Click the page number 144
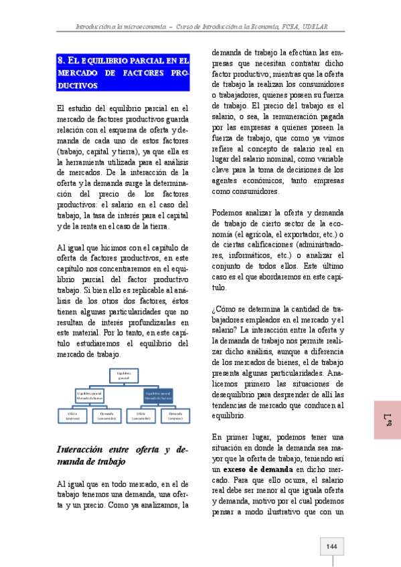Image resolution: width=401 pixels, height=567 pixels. tap(331, 547)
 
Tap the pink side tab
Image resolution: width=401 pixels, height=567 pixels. tap(387, 420)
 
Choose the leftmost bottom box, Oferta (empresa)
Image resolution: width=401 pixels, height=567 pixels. tap(73, 416)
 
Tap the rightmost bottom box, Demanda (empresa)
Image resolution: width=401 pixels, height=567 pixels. tap(175, 416)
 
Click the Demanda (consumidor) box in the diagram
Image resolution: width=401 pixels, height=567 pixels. tap(107, 416)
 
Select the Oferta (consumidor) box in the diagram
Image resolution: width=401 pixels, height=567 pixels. tap(141, 416)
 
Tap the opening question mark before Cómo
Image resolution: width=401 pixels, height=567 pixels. tap(213, 308)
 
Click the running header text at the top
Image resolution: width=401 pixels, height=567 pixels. tap(205, 27)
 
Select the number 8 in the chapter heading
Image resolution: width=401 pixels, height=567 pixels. tap(61, 60)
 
